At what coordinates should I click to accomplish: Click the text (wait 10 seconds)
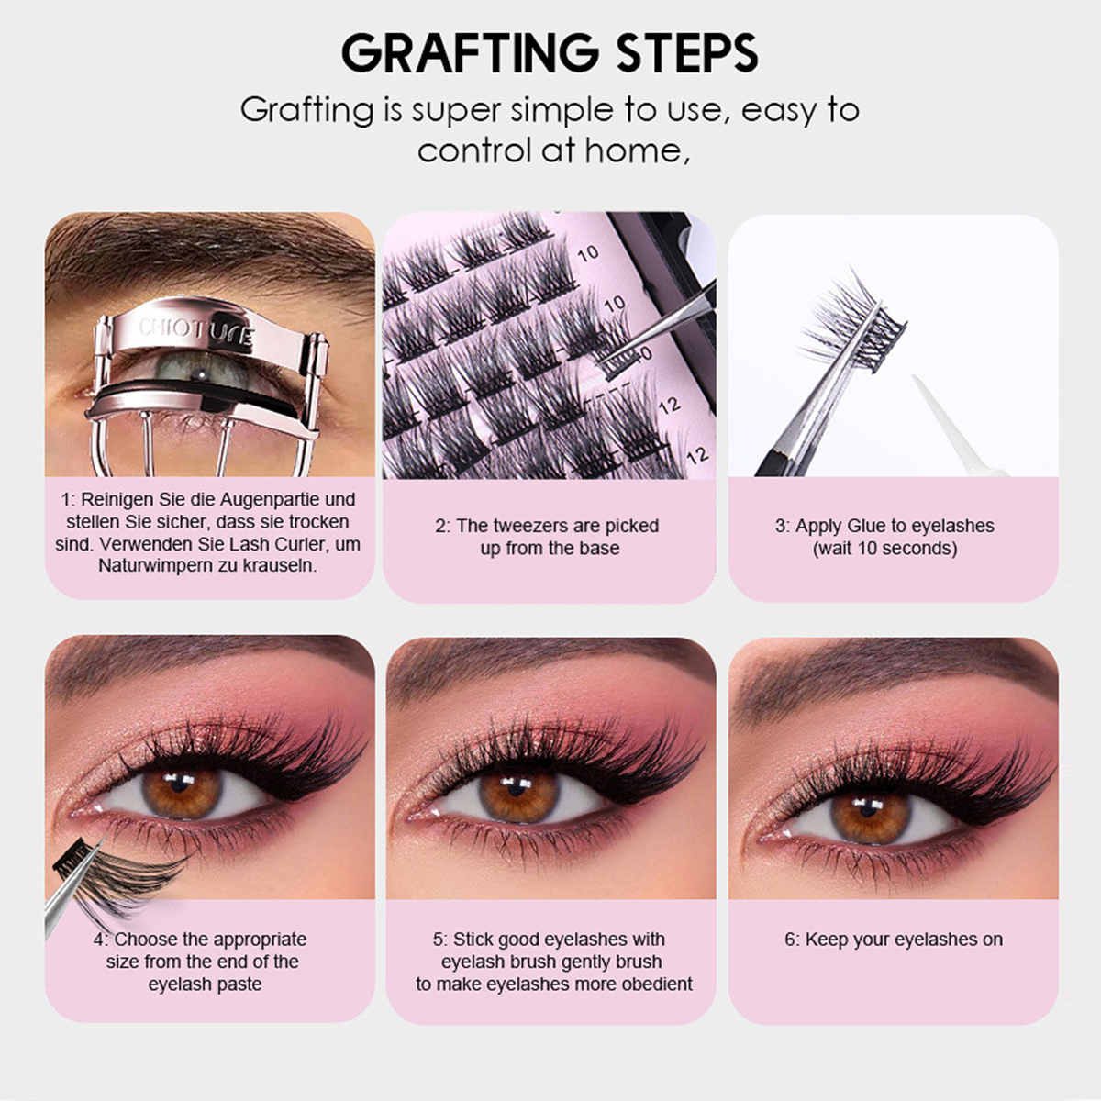(884, 549)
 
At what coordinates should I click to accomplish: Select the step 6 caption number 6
(790, 940)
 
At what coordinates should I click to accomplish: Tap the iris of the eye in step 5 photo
(519, 795)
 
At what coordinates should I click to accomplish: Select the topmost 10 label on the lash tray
(588, 252)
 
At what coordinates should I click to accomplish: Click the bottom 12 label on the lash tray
(697, 454)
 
